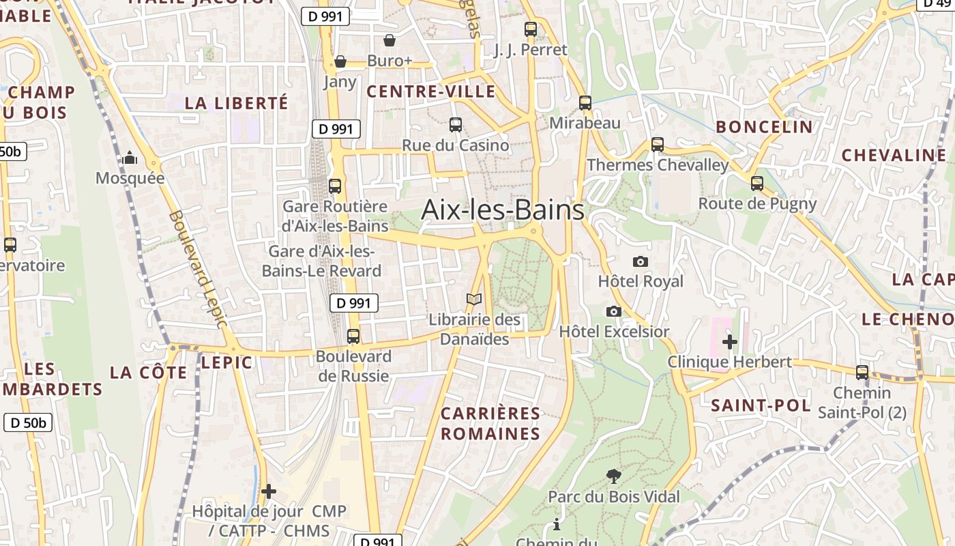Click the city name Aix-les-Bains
coord(503,210)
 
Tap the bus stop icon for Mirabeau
coord(585,103)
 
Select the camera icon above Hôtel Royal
coord(640,261)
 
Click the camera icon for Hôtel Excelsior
coord(614,311)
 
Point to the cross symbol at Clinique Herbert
coord(729,341)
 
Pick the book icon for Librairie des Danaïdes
coord(474,299)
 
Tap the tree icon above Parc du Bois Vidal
coord(613,476)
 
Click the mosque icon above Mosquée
coord(130,159)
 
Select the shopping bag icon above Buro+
coord(390,41)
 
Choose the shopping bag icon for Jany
coord(340,62)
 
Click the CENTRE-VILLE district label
coord(431,91)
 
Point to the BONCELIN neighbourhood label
coord(764,127)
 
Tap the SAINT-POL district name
coord(761,405)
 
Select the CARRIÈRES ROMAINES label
coord(490,423)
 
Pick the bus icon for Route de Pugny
coord(756,183)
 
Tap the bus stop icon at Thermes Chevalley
coord(657,145)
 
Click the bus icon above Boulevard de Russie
coord(353,336)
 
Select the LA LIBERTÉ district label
coord(237,103)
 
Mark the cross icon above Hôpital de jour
coord(269,491)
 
